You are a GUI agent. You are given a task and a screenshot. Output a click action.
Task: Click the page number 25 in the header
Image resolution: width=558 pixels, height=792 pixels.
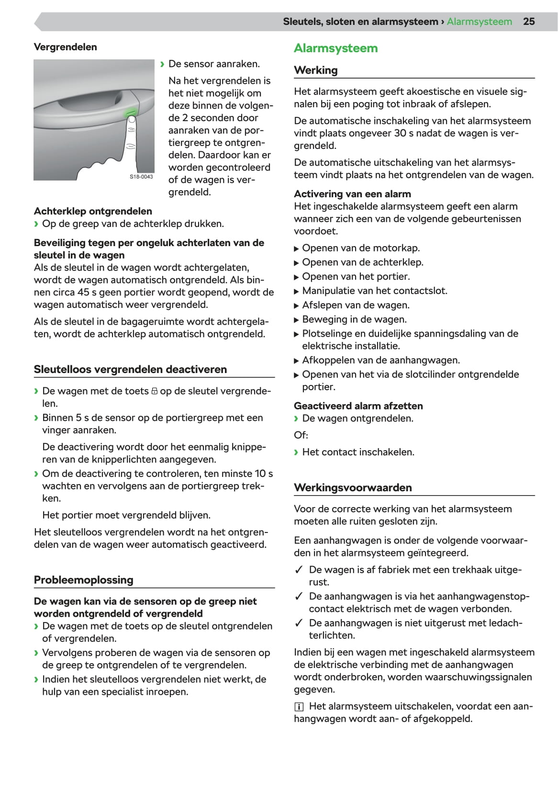[x=528, y=22]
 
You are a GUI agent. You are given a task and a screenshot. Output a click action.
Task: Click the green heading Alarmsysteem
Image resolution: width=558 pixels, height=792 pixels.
[x=335, y=48]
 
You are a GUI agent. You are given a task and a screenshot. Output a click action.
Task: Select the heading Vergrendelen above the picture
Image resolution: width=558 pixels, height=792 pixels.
[x=65, y=47]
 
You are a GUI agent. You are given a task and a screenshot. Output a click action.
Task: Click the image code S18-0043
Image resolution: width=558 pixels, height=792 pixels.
[x=141, y=177]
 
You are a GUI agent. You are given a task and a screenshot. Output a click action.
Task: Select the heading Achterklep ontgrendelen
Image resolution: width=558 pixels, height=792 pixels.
[x=93, y=211]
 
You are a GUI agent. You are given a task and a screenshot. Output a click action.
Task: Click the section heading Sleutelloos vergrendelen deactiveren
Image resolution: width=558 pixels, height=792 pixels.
[x=130, y=369]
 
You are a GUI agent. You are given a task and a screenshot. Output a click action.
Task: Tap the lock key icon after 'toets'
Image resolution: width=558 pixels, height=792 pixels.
[x=154, y=392]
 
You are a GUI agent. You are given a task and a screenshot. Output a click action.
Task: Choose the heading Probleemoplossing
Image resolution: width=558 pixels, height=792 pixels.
[x=83, y=580]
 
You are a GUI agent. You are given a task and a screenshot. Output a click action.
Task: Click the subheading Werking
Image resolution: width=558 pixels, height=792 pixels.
[x=315, y=70]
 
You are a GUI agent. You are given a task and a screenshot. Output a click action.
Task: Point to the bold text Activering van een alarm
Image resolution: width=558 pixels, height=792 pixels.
[x=352, y=194]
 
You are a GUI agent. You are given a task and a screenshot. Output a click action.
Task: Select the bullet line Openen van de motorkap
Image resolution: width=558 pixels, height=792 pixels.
[x=360, y=248]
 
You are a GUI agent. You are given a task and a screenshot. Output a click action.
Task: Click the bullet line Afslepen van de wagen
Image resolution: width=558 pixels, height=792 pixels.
[x=356, y=305]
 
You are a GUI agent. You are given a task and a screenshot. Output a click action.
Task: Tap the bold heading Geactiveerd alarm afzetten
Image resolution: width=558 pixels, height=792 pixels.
[x=358, y=406]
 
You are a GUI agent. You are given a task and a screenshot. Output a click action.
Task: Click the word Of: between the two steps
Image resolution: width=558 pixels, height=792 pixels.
[x=301, y=435]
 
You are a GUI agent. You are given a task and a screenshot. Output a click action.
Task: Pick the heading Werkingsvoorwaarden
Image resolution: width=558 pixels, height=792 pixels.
[x=353, y=487]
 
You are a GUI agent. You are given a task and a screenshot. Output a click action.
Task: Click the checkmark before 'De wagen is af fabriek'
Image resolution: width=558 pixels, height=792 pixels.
[x=299, y=570]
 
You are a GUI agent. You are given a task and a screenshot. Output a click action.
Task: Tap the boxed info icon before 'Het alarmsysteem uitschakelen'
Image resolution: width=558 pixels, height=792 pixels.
[x=299, y=707]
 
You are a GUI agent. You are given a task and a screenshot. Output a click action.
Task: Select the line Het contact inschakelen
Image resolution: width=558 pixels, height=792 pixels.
[x=358, y=452]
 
